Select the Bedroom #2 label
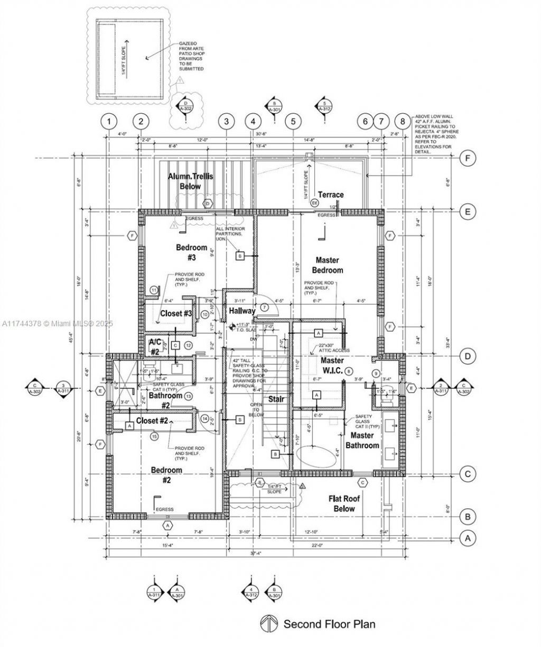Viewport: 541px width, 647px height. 166,475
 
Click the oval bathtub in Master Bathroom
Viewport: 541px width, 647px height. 318,455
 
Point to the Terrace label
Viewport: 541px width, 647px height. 330,195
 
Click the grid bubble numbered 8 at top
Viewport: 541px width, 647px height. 403,122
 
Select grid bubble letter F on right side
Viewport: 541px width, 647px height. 467,158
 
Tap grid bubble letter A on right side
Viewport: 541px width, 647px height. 467,539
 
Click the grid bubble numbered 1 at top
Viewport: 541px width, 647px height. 109,122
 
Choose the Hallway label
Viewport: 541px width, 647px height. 242,311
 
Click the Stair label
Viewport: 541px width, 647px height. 276,399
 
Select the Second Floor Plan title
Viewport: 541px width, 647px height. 329,624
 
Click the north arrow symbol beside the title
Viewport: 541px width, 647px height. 269,624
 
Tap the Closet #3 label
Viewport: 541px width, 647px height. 176,313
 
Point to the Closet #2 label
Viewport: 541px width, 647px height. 152,421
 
